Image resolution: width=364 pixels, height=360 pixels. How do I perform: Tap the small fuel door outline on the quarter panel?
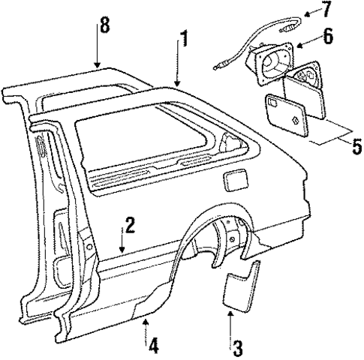coord(234,181)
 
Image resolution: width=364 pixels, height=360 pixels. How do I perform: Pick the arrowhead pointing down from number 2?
coord(122,250)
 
